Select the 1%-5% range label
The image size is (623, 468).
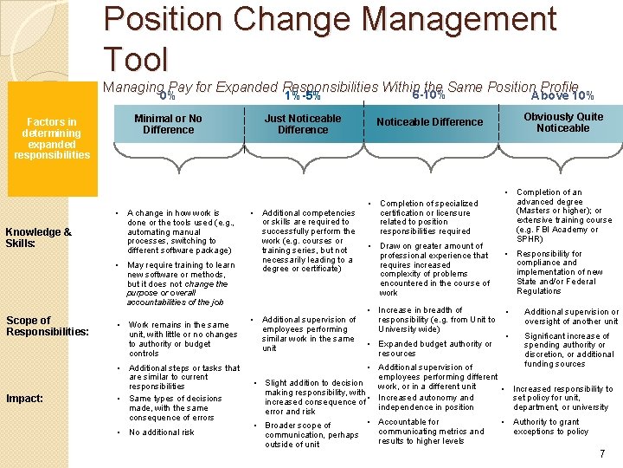coord(303,95)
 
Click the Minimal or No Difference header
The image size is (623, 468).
coord(168,124)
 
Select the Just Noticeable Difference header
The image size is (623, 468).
coord(303,124)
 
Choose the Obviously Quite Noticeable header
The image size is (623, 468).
coord(562,122)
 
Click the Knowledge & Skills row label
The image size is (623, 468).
coord(38,237)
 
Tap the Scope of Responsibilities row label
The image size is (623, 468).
coord(47,326)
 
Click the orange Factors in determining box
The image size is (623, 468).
coord(52,139)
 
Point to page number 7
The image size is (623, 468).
coord(601,454)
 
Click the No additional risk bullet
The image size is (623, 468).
coord(162,432)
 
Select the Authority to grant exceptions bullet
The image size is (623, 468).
coord(551,426)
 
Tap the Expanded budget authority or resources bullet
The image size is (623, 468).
coord(435,348)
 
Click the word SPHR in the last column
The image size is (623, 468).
coord(530,239)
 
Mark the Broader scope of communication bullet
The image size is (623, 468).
coord(311,435)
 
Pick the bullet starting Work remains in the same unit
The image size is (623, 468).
coord(183,339)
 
